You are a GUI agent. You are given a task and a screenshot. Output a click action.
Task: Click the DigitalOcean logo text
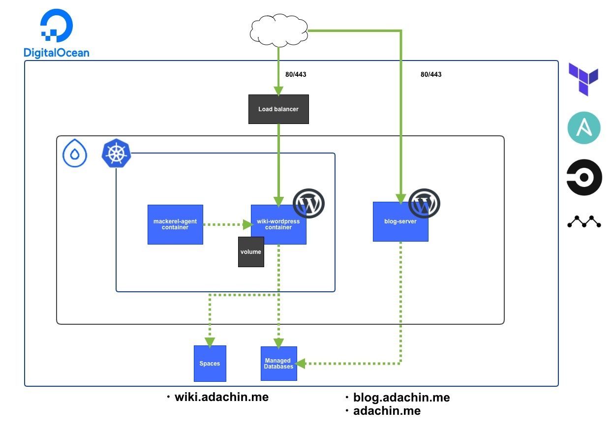pos(57,53)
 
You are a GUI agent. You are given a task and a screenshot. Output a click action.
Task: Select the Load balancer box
pos(278,109)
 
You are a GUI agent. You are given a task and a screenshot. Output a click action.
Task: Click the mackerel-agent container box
pos(175,224)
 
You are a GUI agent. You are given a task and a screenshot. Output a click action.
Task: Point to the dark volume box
pos(251,252)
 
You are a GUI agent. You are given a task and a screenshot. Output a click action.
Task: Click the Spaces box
pos(210,364)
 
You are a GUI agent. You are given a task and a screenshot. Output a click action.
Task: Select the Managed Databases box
pos(278,364)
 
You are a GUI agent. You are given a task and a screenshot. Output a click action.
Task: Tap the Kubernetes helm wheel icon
pos(116,154)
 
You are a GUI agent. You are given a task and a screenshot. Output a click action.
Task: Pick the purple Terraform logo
pos(583,79)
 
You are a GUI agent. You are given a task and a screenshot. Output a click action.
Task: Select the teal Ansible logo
pos(584,128)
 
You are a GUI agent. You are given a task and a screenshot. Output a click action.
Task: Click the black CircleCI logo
pos(584,177)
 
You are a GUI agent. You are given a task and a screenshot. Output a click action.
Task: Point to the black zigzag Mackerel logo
pos(584,222)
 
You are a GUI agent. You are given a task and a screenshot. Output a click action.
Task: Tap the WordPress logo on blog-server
pos(424,203)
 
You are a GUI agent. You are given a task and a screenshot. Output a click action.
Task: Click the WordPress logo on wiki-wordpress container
pos(309,203)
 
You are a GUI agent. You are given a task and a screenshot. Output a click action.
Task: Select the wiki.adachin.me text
pos(221,397)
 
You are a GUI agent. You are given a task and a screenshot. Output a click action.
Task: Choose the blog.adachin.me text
pos(401,397)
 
